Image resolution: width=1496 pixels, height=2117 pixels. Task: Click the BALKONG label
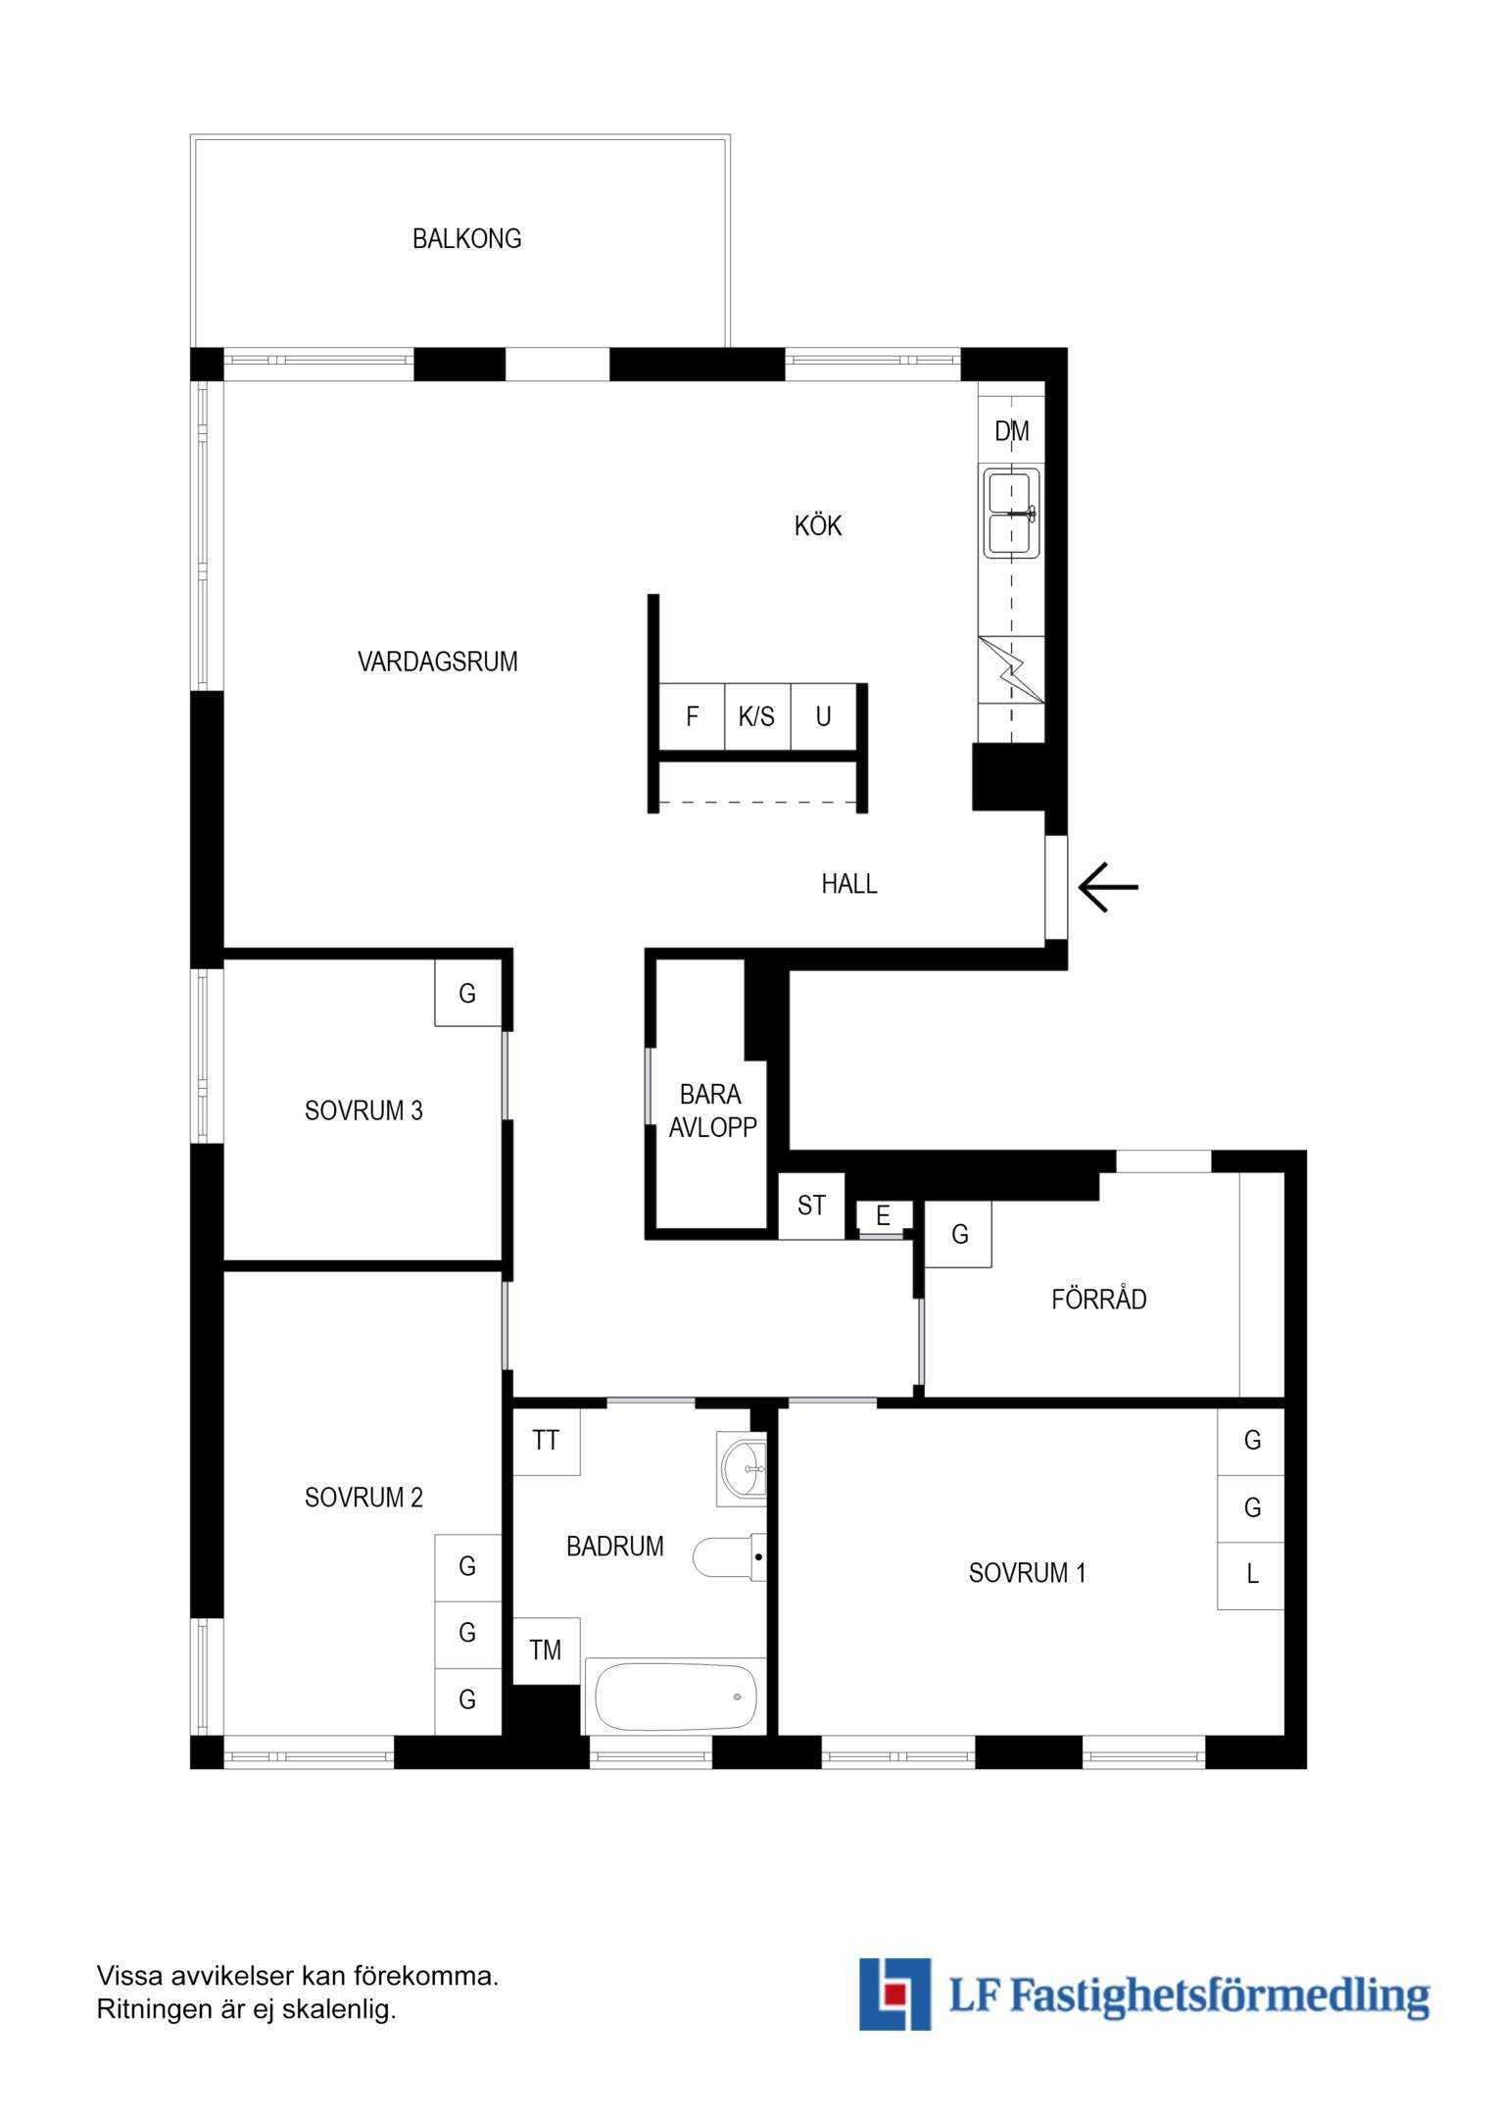pyautogui.click(x=466, y=239)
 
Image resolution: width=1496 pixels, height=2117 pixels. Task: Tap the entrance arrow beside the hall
pyautogui.click(x=1108, y=887)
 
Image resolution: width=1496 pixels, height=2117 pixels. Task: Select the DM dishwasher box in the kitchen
pyautogui.click(x=1011, y=430)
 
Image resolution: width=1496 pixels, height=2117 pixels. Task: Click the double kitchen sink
pyautogui.click(x=1011, y=514)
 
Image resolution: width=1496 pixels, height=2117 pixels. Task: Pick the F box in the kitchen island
pyautogui.click(x=692, y=716)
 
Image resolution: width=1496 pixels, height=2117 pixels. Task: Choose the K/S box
pyautogui.click(x=757, y=716)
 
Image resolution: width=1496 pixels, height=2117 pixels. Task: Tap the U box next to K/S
pyautogui.click(x=824, y=716)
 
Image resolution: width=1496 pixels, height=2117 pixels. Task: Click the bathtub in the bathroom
pyautogui.click(x=675, y=1697)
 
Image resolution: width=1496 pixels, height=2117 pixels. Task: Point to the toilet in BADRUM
pyautogui.click(x=730, y=1556)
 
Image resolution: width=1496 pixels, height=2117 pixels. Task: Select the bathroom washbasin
pyautogui.click(x=743, y=1468)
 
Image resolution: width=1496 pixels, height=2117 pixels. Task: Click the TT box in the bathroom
pyautogui.click(x=546, y=1441)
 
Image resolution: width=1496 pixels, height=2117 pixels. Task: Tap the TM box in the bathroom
pyautogui.click(x=546, y=1650)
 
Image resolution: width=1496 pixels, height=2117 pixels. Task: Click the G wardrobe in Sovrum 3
pyautogui.click(x=468, y=993)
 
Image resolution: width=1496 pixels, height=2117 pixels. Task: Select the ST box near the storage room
pyautogui.click(x=811, y=1206)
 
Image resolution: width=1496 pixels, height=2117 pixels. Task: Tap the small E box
pyautogui.click(x=883, y=1216)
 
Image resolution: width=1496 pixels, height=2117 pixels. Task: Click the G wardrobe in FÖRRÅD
pyautogui.click(x=959, y=1234)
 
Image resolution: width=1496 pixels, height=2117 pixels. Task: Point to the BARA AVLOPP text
pyautogui.click(x=712, y=1110)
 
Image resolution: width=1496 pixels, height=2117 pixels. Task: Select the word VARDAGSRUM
pyautogui.click(x=438, y=662)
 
